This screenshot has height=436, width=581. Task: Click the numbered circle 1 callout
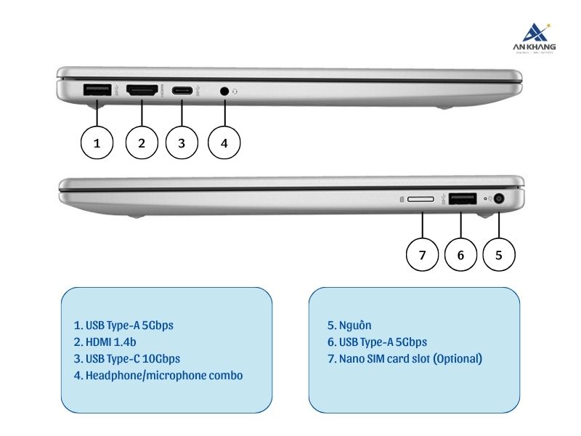click(x=97, y=143)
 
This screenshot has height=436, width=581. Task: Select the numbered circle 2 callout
click(x=142, y=143)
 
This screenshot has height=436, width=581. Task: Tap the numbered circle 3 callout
click(x=182, y=143)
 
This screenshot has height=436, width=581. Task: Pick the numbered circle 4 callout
click(x=224, y=143)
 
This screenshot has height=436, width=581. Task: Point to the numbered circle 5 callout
click(x=499, y=254)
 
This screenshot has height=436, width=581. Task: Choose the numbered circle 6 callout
click(x=460, y=254)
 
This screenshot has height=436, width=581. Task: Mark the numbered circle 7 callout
click(x=422, y=254)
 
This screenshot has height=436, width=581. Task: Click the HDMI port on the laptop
click(x=143, y=91)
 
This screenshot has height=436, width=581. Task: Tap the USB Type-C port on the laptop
click(x=182, y=91)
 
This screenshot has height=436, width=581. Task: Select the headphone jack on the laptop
click(x=225, y=92)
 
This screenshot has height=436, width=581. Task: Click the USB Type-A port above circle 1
click(x=97, y=91)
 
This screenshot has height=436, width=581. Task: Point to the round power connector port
click(x=499, y=199)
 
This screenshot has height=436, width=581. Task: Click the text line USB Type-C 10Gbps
click(x=126, y=359)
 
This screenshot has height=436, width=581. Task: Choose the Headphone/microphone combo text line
click(x=158, y=376)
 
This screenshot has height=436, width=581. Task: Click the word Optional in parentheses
click(x=457, y=359)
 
